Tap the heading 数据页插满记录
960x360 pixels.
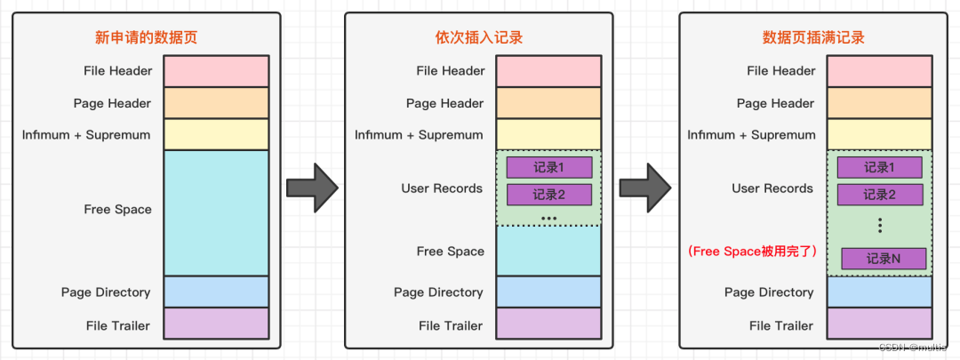813,37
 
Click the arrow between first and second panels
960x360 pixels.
312,187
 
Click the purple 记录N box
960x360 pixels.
884,259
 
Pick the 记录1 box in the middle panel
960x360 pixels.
548,167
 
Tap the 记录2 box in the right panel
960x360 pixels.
879,195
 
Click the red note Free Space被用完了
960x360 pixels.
751,252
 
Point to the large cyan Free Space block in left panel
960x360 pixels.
216,212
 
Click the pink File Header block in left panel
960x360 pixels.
216,71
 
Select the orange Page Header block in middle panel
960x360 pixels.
548,103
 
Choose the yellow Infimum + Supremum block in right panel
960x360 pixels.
879,134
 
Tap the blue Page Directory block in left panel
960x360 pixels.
216,292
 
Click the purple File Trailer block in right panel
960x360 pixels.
879,324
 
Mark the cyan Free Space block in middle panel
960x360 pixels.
548,251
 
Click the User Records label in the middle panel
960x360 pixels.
442,188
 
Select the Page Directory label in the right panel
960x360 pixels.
769,292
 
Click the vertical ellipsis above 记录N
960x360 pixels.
879,226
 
